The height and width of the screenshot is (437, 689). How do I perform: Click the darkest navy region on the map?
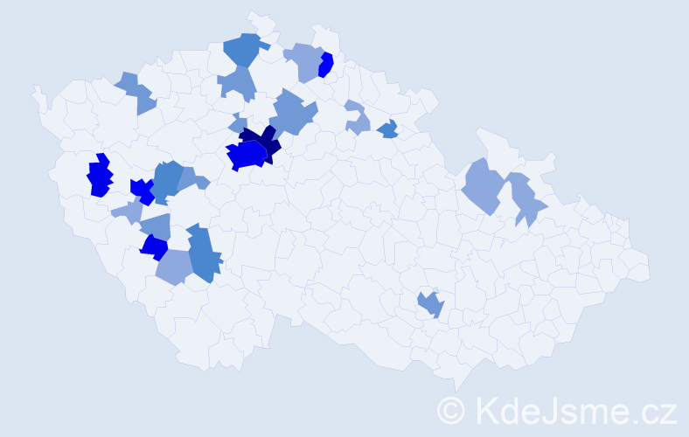click(262, 141)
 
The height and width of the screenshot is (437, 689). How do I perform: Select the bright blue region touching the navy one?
click(247, 156)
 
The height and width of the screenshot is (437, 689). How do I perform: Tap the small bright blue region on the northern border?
click(326, 65)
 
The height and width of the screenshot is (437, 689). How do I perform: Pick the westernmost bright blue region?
click(100, 176)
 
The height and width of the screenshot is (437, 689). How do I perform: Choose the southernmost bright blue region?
click(155, 247)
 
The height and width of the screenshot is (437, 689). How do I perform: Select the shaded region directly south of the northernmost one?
click(238, 83)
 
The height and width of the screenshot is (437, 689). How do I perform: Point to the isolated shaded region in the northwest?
click(136, 93)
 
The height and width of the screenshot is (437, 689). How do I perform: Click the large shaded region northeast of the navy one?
click(292, 114)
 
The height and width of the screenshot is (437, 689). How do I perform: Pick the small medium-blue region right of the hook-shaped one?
click(388, 130)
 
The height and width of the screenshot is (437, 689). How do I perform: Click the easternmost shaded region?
click(526, 198)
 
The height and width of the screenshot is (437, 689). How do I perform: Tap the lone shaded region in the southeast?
click(431, 304)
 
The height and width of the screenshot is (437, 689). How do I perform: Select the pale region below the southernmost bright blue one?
click(174, 267)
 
